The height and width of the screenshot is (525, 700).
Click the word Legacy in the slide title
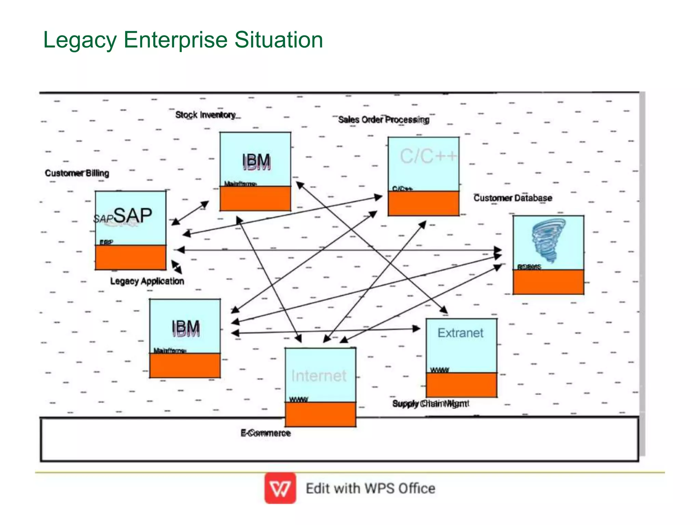point(80,40)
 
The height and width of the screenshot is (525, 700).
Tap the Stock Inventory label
point(205,115)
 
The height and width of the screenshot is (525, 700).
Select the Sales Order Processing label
point(383,120)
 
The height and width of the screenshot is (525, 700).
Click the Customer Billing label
point(77,173)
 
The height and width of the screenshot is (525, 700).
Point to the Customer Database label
point(513,198)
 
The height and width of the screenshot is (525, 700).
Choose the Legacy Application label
point(147,281)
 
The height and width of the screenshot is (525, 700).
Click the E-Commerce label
point(266,433)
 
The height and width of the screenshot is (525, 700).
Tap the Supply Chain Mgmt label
point(431,404)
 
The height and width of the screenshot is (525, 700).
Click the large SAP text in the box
point(133,215)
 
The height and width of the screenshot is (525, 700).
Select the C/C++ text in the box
point(428,156)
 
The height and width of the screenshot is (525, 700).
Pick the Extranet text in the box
point(460,333)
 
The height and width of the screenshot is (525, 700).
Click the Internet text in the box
point(319,376)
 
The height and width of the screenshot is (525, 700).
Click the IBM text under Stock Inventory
point(256,161)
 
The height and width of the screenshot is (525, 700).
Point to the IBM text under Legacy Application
point(186,328)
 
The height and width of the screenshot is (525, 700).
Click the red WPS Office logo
point(280,488)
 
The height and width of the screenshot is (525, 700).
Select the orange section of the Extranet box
point(461,385)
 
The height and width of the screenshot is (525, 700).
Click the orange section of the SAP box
point(131,257)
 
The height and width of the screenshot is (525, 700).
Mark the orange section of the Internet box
point(320,414)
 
